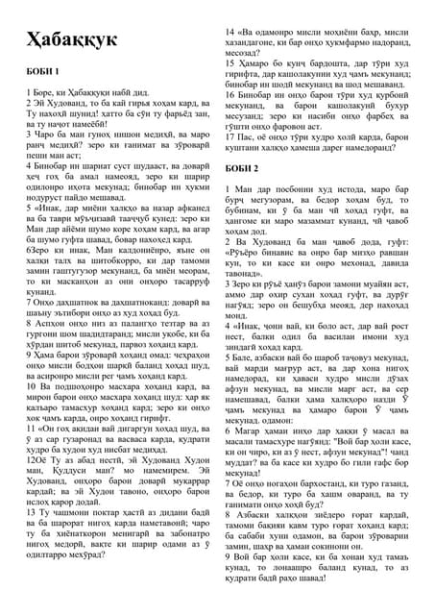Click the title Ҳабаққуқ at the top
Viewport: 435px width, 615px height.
(x=68, y=39)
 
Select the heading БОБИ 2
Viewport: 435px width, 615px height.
(x=241, y=169)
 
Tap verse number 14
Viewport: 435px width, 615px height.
(x=231, y=32)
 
